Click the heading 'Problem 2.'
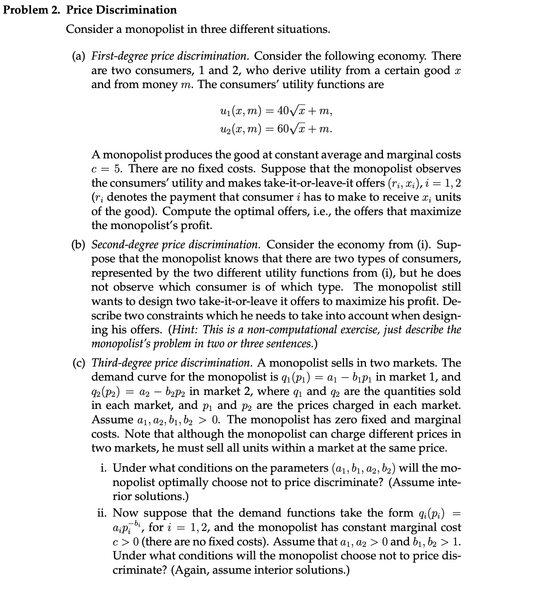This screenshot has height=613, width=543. point(32,9)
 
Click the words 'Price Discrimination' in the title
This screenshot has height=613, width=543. point(121,9)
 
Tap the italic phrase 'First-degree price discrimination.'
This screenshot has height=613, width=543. point(170,56)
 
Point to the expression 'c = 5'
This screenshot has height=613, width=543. point(106,169)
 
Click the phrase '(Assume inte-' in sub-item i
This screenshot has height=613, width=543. point(424,483)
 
